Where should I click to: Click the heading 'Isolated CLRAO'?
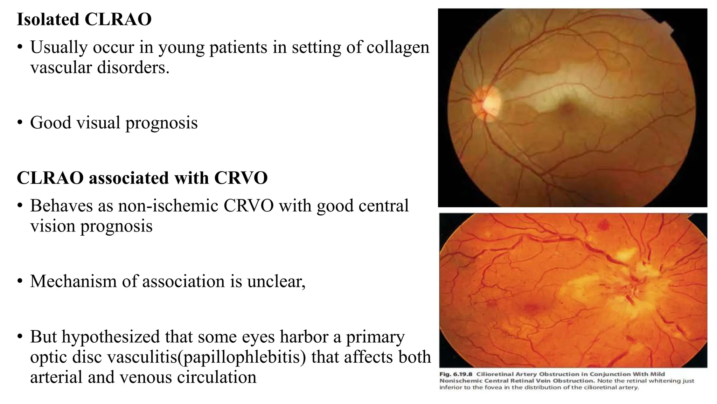pyautogui.click(x=84, y=19)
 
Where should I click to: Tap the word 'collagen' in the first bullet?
pyautogui.click(x=398, y=47)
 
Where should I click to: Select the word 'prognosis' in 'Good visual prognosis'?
pyautogui.click(x=161, y=123)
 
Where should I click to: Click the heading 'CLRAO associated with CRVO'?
pyautogui.click(x=142, y=178)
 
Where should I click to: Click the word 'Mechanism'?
pyautogui.click(x=73, y=281)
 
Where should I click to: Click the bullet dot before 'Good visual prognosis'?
pyautogui.click(x=20, y=123)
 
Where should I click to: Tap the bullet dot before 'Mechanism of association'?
pyautogui.click(x=20, y=281)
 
